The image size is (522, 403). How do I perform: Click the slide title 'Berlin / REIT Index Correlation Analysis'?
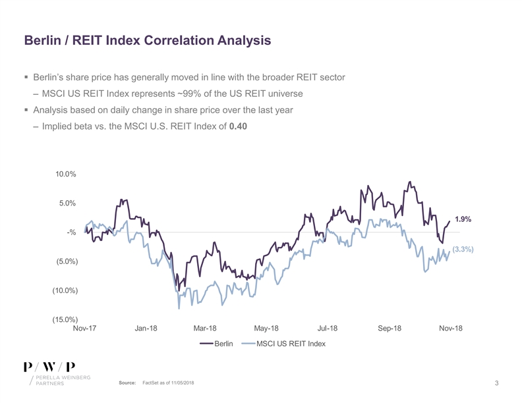click(x=148, y=40)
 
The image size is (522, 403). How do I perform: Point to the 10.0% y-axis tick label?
click(x=66, y=175)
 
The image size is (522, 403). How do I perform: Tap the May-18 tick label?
click(x=266, y=329)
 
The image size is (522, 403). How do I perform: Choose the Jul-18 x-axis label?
click(x=328, y=329)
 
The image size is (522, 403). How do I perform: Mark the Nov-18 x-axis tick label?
click(x=450, y=329)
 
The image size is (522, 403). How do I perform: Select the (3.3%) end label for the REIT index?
click(x=463, y=250)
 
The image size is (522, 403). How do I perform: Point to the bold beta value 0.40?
click(x=238, y=127)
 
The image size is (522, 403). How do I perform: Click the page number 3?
click(x=496, y=384)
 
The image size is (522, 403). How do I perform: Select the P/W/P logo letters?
click(x=49, y=366)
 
